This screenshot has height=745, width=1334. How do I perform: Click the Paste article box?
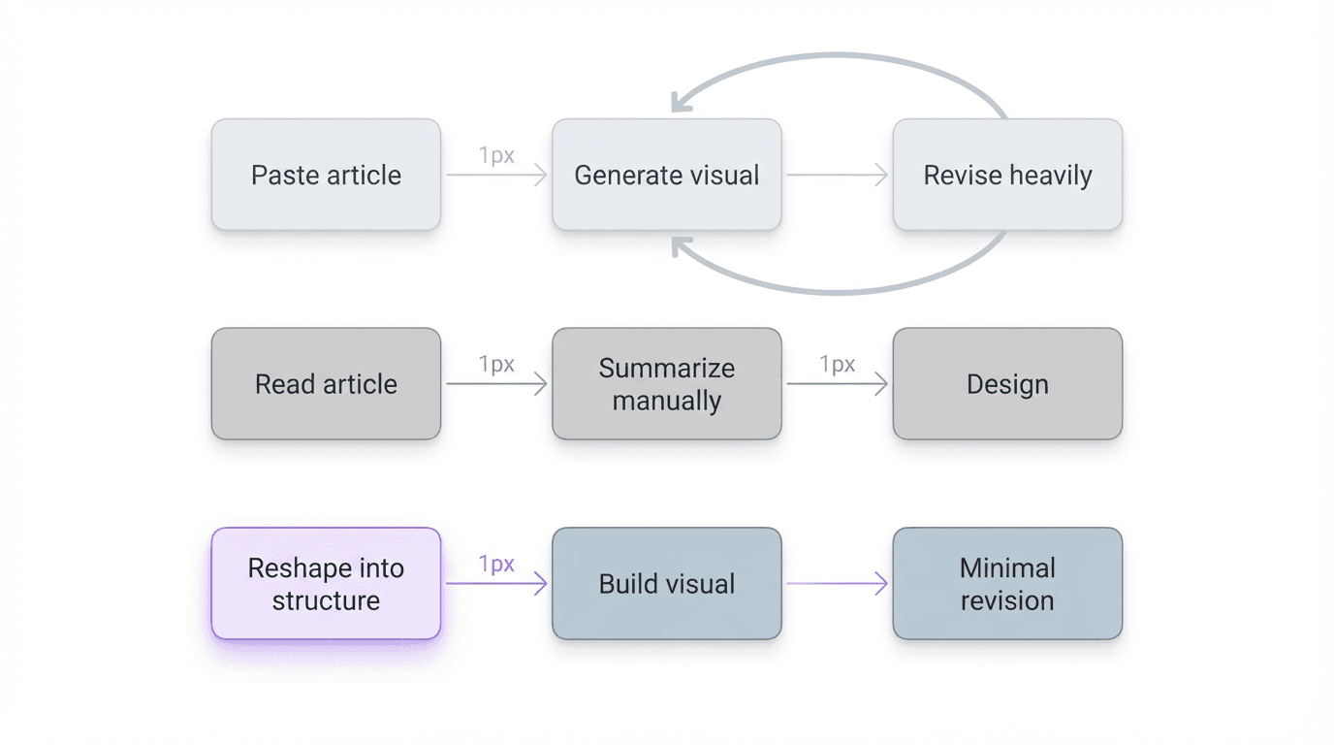(x=326, y=175)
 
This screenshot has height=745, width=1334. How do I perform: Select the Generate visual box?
(x=667, y=175)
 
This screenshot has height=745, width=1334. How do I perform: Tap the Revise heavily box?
(x=1007, y=175)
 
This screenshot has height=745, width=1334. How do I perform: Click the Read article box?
(x=326, y=384)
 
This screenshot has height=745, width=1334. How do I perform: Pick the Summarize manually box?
(x=667, y=384)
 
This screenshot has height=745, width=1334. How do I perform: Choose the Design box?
(x=1007, y=384)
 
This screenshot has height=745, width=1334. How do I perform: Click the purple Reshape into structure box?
(x=326, y=584)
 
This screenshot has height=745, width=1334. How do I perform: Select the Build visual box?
(x=667, y=584)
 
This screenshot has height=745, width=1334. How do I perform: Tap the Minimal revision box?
(x=1007, y=584)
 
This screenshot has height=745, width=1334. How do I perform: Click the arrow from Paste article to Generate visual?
(x=496, y=176)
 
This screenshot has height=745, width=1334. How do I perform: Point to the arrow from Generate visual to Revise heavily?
(x=837, y=176)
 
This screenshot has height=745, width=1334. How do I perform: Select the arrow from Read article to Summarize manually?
(x=496, y=385)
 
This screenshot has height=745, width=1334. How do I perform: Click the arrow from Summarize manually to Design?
(x=837, y=385)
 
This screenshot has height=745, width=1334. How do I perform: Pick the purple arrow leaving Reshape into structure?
(x=496, y=584)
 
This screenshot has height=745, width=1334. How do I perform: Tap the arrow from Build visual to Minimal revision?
(x=837, y=584)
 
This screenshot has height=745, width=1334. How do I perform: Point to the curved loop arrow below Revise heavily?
(x=840, y=291)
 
